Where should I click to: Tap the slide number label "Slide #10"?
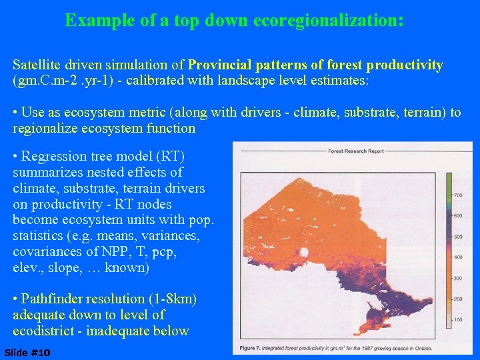tap(27, 352)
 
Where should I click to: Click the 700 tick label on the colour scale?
tap(458, 195)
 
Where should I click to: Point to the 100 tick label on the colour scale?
tap(458, 321)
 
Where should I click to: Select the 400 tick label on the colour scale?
tap(458, 257)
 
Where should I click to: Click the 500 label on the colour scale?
tap(458, 237)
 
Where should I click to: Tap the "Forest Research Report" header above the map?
tap(355, 151)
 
